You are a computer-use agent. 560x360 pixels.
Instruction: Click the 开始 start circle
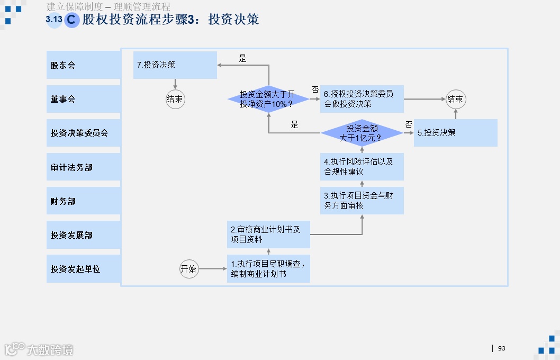pos(189,269)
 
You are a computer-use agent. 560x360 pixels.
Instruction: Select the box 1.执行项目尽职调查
pos(268,269)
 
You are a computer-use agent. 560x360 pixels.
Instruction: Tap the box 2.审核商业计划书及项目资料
pos(268,235)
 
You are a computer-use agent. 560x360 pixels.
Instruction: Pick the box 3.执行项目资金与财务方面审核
pos(362,201)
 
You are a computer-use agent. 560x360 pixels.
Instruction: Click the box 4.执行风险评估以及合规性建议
pos(362,167)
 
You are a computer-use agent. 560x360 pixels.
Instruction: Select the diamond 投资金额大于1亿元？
pos(362,133)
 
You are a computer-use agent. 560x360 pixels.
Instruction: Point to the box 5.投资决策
pos(455,133)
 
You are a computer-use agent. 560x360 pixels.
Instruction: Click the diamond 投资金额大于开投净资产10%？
pos(268,99)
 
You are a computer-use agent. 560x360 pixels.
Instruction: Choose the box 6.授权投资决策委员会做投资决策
pos(362,99)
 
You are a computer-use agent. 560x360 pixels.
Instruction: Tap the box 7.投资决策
pos(175,65)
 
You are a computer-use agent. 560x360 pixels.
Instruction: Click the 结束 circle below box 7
pos(175,99)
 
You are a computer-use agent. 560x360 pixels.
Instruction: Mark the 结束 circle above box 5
pos(455,99)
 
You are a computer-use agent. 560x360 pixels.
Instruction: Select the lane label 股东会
pos(83,65)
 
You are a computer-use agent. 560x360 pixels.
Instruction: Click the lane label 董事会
pos(83,99)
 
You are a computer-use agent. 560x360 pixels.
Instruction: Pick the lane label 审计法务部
pos(83,167)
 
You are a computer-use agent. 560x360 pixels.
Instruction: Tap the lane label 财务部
pos(83,201)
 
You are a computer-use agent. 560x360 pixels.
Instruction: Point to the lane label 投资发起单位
pos(83,269)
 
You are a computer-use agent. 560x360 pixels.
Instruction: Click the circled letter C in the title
pos(72,20)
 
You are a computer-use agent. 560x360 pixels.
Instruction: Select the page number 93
pos(502,348)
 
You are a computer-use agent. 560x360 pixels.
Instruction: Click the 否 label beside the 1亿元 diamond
pos(409,124)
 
